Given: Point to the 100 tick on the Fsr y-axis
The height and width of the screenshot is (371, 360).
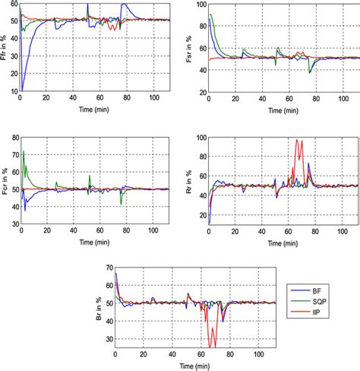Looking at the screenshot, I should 198,5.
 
